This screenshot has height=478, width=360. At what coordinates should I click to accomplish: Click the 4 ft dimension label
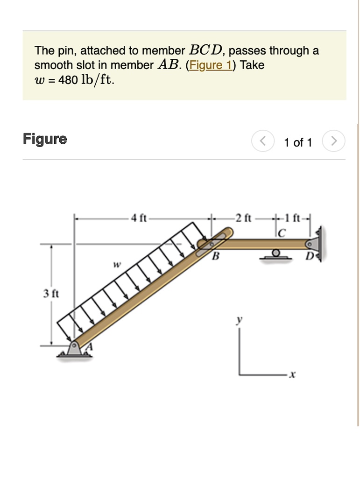[139, 218]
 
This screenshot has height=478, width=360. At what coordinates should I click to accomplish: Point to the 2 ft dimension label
[244, 218]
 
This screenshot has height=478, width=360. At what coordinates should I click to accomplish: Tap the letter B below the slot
[215, 256]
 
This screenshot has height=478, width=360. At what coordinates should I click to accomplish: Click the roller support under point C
[276, 254]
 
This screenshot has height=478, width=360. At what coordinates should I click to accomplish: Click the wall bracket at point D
[319, 242]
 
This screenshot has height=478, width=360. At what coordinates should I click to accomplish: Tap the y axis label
[240, 319]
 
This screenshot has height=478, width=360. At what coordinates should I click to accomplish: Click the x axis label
[293, 375]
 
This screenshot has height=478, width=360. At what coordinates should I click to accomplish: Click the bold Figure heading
[45, 139]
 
